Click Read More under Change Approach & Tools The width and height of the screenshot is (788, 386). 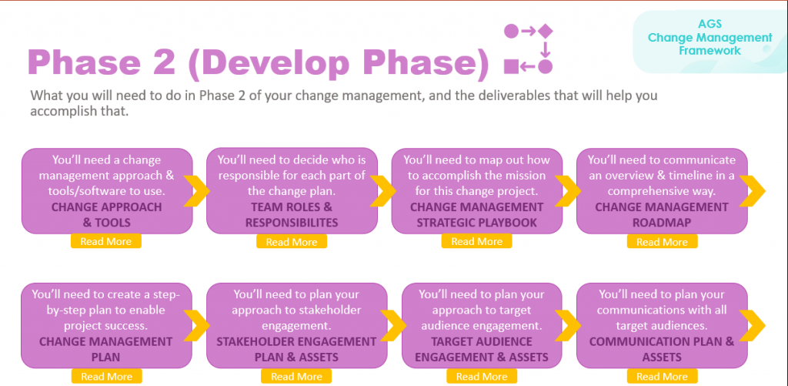click(106, 241)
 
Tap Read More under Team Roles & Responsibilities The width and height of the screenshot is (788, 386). click(292, 242)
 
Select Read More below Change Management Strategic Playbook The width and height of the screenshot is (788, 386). click(477, 241)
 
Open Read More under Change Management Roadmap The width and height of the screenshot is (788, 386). click(662, 242)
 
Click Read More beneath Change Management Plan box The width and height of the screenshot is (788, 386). click(106, 377)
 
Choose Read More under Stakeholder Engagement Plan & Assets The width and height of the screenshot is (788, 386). click(296, 377)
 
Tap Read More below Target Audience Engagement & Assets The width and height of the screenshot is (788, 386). click(482, 377)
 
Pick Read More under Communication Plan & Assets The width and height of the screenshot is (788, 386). click(662, 377)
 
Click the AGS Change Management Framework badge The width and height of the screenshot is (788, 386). click(709, 38)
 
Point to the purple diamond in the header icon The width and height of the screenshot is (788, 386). click(546, 31)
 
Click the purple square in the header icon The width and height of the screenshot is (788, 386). click(511, 66)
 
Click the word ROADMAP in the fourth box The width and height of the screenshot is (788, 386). click(662, 222)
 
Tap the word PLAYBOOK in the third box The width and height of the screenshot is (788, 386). click(509, 222)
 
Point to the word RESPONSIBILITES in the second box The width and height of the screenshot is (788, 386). click(292, 222)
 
